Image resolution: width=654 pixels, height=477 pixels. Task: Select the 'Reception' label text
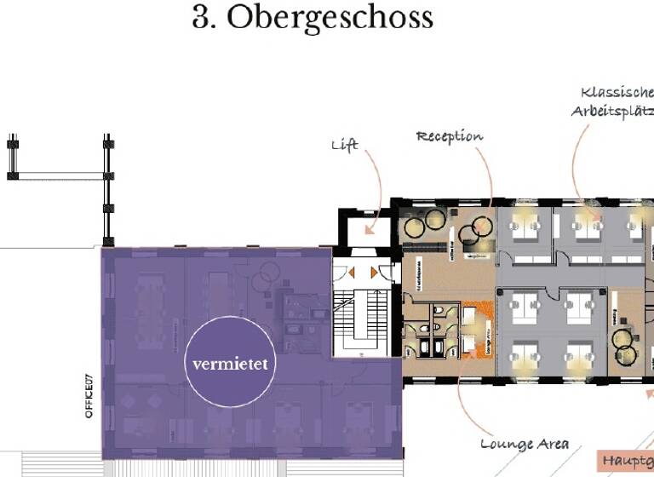[x=449, y=136]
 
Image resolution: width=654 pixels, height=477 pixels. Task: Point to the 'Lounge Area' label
[x=524, y=444]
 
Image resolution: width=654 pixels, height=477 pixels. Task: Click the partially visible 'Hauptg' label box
[x=626, y=461]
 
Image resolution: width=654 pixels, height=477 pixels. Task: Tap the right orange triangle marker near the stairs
[x=374, y=273]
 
